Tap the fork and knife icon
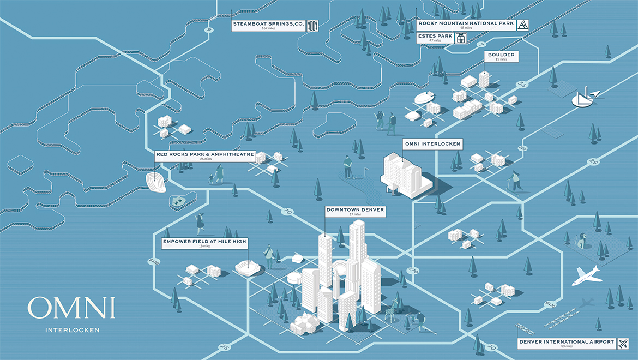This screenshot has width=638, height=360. point(312,26)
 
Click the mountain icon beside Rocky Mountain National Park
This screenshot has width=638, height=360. point(522,25)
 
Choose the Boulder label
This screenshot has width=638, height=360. point(501,57)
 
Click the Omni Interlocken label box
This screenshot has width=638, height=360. point(432,145)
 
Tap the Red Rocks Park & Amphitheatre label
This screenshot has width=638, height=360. point(205,156)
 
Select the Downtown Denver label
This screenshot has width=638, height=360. point(355,211)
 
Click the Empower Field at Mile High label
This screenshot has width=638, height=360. point(205,242)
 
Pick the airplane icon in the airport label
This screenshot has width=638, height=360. point(622,343)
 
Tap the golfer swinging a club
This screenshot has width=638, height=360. point(348,166)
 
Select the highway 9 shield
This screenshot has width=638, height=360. point(208,30)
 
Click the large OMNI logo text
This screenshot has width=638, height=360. point(71,309)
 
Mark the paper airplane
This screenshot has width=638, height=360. point(593,94)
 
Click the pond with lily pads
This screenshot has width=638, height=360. point(180,201)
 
